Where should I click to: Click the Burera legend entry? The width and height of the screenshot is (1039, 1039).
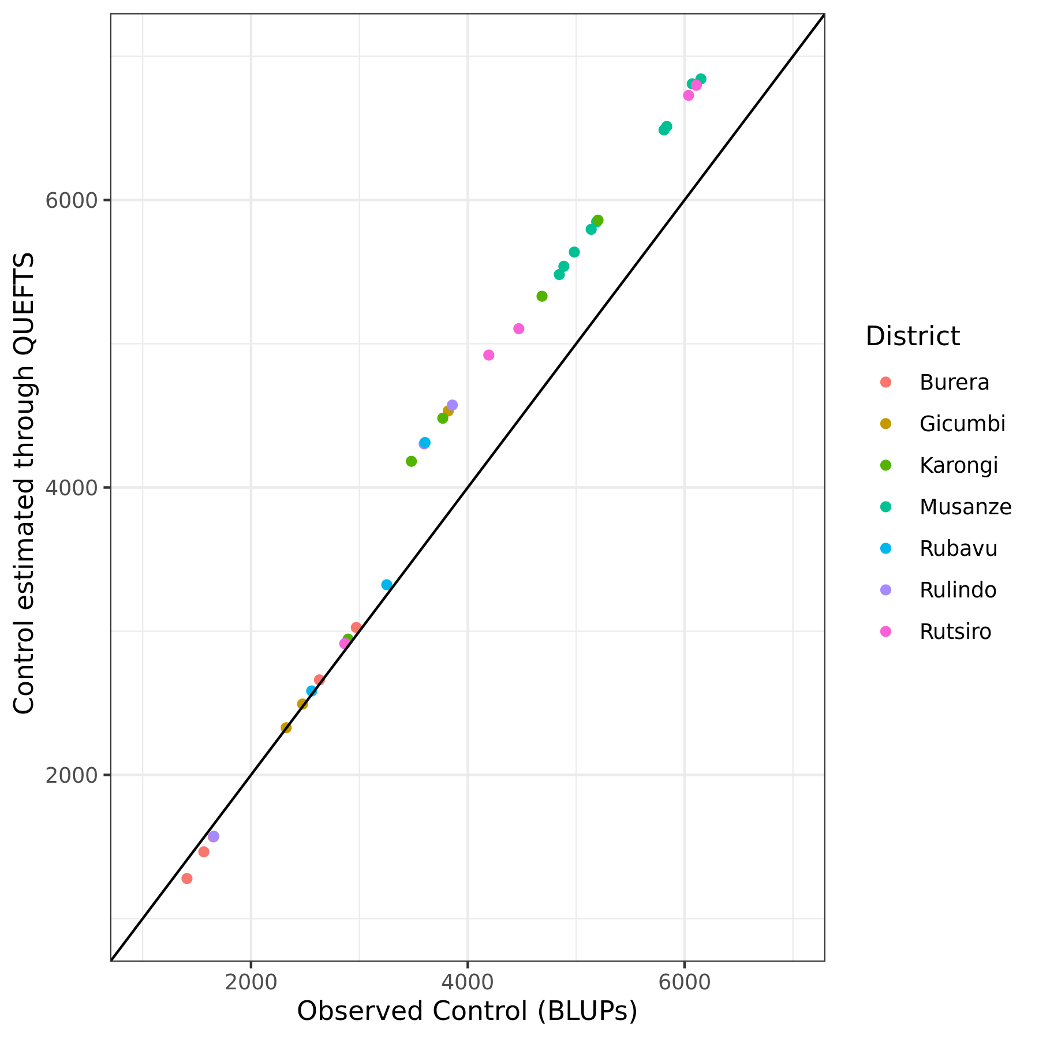pyautogui.click(x=954, y=383)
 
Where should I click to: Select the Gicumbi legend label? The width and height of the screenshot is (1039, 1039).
pyautogui.click(x=962, y=424)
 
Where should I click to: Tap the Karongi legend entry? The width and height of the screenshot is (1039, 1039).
pyautogui.click(x=958, y=466)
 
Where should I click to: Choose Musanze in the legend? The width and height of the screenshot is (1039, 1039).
pyautogui.click(x=965, y=507)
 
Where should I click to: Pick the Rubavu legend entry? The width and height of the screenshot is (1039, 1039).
pyautogui.click(x=958, y=549)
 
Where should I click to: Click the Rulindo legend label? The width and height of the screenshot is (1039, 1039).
pyautogui.click(x=958, y=590)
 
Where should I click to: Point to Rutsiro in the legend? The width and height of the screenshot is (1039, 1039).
pyautogui.click(x=955, y=632)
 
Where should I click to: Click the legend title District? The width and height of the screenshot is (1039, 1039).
pyautogui.click(x=913, y=336)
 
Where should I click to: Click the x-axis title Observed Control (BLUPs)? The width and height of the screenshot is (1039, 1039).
pyautogui.click(x=467, y=1011)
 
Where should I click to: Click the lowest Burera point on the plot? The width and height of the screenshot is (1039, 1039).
pyautogui.click(x=187, y=879)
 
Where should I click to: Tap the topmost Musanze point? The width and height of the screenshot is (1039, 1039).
pyautogui.click(x=701, y=79)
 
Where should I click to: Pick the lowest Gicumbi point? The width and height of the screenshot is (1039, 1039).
pyautogui.click(x=286, y=728)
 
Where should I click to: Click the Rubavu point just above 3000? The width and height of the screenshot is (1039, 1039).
pyautogui.click(x=387, y=585)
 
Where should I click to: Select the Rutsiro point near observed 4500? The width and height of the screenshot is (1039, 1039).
pyautogui.click(x=519, y=329)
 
